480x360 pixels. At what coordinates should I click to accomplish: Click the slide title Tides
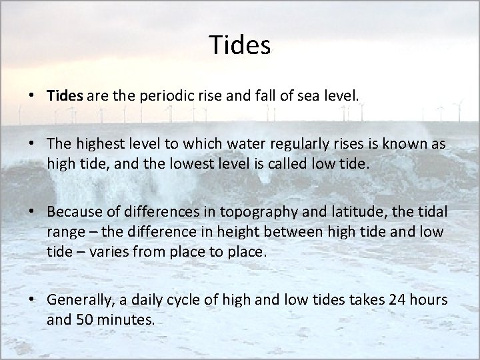tap(239, 45)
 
